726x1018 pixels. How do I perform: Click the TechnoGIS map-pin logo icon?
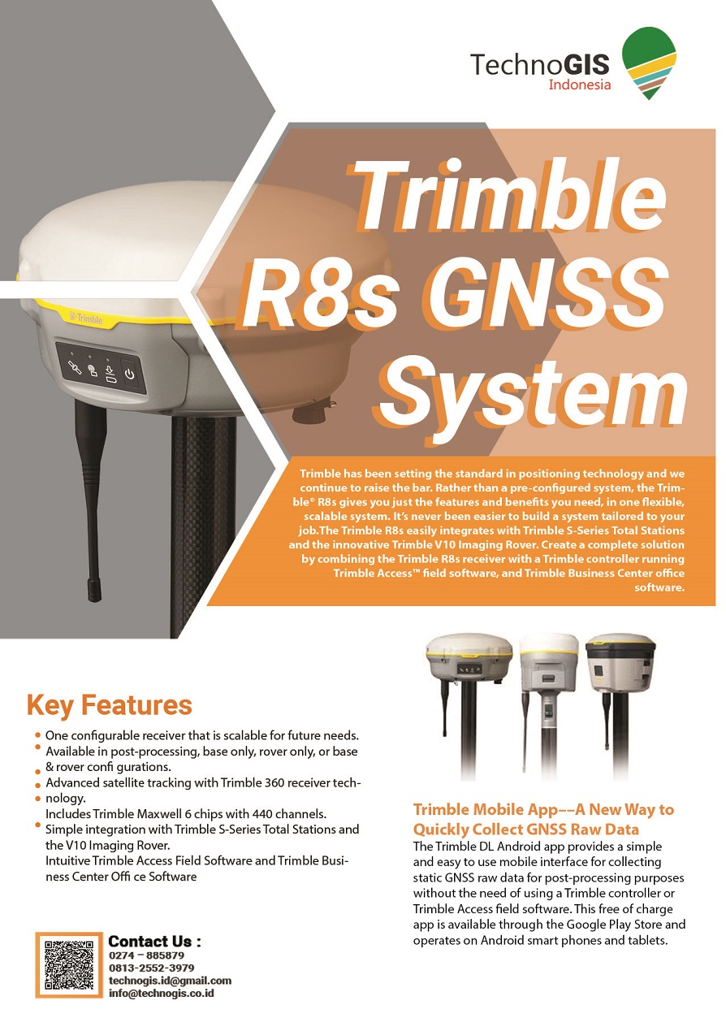(x=648, y=63)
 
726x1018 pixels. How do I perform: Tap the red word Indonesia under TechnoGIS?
(x=579, y=84)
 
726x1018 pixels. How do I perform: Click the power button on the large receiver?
(x=130, y=375)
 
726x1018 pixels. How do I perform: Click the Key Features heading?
(x=110, y=705)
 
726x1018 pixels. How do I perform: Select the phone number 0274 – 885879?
(x=146, y=955)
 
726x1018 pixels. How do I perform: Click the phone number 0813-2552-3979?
(x=151, y=968)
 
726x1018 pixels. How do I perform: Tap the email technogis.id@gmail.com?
(x=170, y=981)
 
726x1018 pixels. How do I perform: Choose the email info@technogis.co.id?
(x=162, y=994)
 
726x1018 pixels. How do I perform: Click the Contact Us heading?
(x=154, y=940)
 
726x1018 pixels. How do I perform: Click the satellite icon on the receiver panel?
(x=75, y=367)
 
